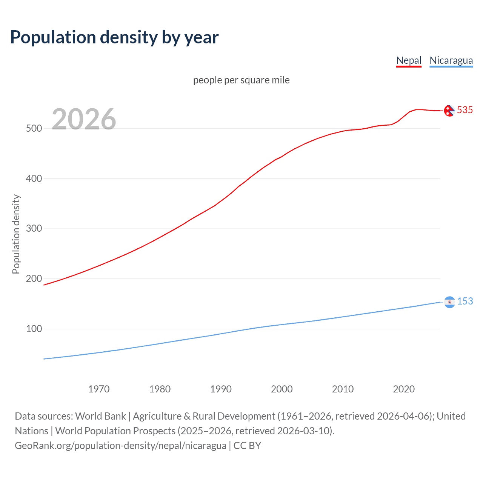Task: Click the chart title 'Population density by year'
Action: click(114, 37)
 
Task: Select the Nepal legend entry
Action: click(409, 60)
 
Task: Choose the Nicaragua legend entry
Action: click(451, 60)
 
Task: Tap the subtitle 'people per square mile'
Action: click(241, 80)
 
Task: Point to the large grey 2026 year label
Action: click(84, 119)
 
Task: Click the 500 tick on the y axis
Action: click(34, 128)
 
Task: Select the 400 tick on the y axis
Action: click(34, 178)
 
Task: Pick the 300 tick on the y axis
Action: click(34, 229)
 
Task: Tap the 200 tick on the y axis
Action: click(34, 279)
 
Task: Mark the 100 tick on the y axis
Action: click(34, 329)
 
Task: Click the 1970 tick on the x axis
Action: click(99, 389)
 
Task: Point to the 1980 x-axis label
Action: click(160, 389)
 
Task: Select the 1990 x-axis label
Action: click(221, 389)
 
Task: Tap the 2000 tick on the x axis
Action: click(282, 389)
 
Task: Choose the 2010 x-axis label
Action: click(343, 389)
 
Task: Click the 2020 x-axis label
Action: click(404, 389)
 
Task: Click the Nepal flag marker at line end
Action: click(449, 111)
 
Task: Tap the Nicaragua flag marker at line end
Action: click(449, 302)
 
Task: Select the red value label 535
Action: click(465, 110)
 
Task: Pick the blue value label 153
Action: click(465, 301)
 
